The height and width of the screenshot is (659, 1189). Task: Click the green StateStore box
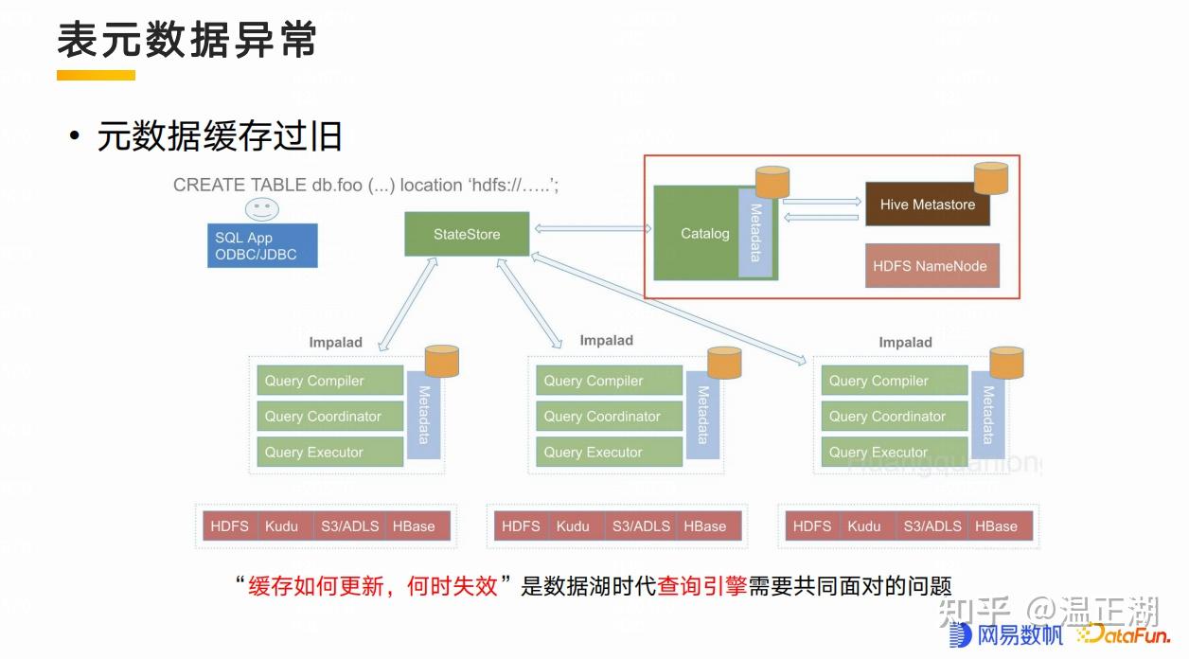click(467, 234)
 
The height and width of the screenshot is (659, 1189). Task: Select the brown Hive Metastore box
click(927, 205)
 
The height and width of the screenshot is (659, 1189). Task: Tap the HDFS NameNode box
click(929, 266)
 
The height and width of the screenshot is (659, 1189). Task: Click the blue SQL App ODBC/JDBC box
click(262, 246)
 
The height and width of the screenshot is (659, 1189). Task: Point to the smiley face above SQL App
click(262, 209)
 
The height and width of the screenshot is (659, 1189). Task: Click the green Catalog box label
click(704, 234)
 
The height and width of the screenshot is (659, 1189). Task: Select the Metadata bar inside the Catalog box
click(755, 233)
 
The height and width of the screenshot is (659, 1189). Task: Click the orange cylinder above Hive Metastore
click(991, 177)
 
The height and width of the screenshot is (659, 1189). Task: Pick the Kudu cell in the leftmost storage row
click(282, 526)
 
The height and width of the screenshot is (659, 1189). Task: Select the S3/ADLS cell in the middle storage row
click(641, 526)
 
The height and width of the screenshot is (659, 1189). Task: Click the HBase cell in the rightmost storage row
click(996, 526)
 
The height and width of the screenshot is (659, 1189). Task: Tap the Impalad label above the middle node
click(607, 341)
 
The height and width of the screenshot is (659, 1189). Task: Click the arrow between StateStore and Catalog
click(592, 229)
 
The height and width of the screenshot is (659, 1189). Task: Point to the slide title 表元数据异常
click(186, 40)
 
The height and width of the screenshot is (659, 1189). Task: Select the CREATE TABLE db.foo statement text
click(365, 186)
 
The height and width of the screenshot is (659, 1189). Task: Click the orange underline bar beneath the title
click(96, 75)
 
